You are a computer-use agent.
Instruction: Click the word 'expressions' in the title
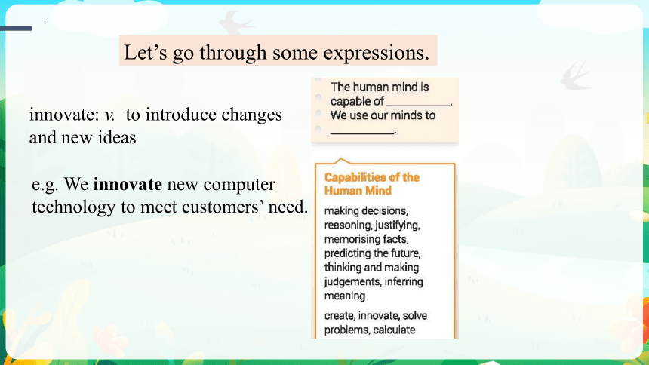tap(377, 53)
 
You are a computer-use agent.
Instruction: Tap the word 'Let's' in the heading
tap(146, 52)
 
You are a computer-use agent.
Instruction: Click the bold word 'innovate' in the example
tap(128, 184)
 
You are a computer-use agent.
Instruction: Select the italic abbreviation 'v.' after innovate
tap(109, 115)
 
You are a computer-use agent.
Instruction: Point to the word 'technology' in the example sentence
tap(73, 207)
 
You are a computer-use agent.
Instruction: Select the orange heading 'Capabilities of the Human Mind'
tap(372, 184)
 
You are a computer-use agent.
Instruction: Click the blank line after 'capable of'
tap(418, 106)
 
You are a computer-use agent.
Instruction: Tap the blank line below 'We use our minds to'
tap(362, 133)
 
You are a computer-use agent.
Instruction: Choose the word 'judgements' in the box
tap(352, 282)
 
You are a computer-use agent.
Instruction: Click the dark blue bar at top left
tap(16, 29)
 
